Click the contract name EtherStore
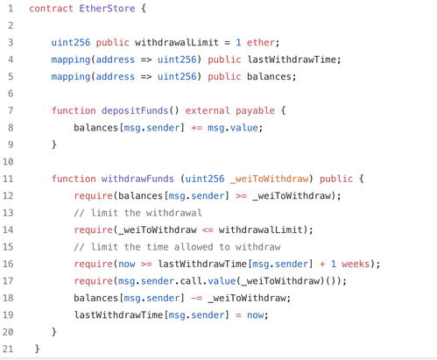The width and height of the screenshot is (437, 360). pos(107,8)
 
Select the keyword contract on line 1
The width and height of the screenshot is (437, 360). pos(51,8)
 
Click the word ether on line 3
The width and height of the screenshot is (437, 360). pos(261,42)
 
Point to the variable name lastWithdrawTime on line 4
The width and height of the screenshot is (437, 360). pos(292,60)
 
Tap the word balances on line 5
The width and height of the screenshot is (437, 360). pos(269,76)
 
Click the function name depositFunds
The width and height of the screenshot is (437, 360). pos(135,110)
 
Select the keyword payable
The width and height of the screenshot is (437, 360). pos(255,110)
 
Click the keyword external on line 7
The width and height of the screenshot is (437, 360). pos(208,110)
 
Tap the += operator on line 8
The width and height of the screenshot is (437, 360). pos(196,128)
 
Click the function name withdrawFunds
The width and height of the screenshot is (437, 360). pos(137,179)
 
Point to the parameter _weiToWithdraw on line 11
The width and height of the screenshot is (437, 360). pos(269,179)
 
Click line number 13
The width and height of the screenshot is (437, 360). pos(8,213)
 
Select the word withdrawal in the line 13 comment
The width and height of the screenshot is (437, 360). pos(174,213)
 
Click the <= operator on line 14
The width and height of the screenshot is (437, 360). pos(208,229)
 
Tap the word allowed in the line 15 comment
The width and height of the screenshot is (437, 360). pos(194,247)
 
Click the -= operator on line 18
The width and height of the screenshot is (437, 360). pos(196,298)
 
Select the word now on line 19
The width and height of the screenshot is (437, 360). pos(255,315)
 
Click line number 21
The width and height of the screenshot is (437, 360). pos(8,349)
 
